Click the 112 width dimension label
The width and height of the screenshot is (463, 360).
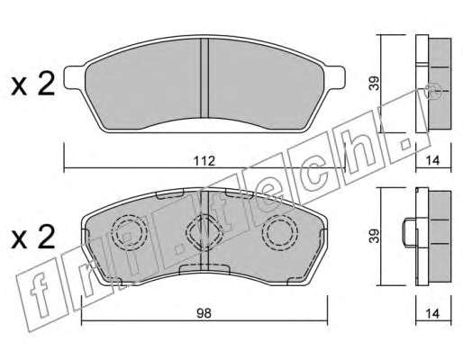[204, 161]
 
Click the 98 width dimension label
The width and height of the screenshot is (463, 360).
[204, 313]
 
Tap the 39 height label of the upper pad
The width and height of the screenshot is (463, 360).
[375, 84]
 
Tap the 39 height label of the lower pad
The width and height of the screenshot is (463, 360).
[375, 236]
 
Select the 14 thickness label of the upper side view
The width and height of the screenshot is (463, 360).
[433, 160]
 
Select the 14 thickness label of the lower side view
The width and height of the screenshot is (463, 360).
[433, 313]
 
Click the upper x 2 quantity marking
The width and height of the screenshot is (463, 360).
[33, 84]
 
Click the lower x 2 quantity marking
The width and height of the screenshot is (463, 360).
[33, 237]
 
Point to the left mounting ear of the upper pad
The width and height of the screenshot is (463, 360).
[75, 77]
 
